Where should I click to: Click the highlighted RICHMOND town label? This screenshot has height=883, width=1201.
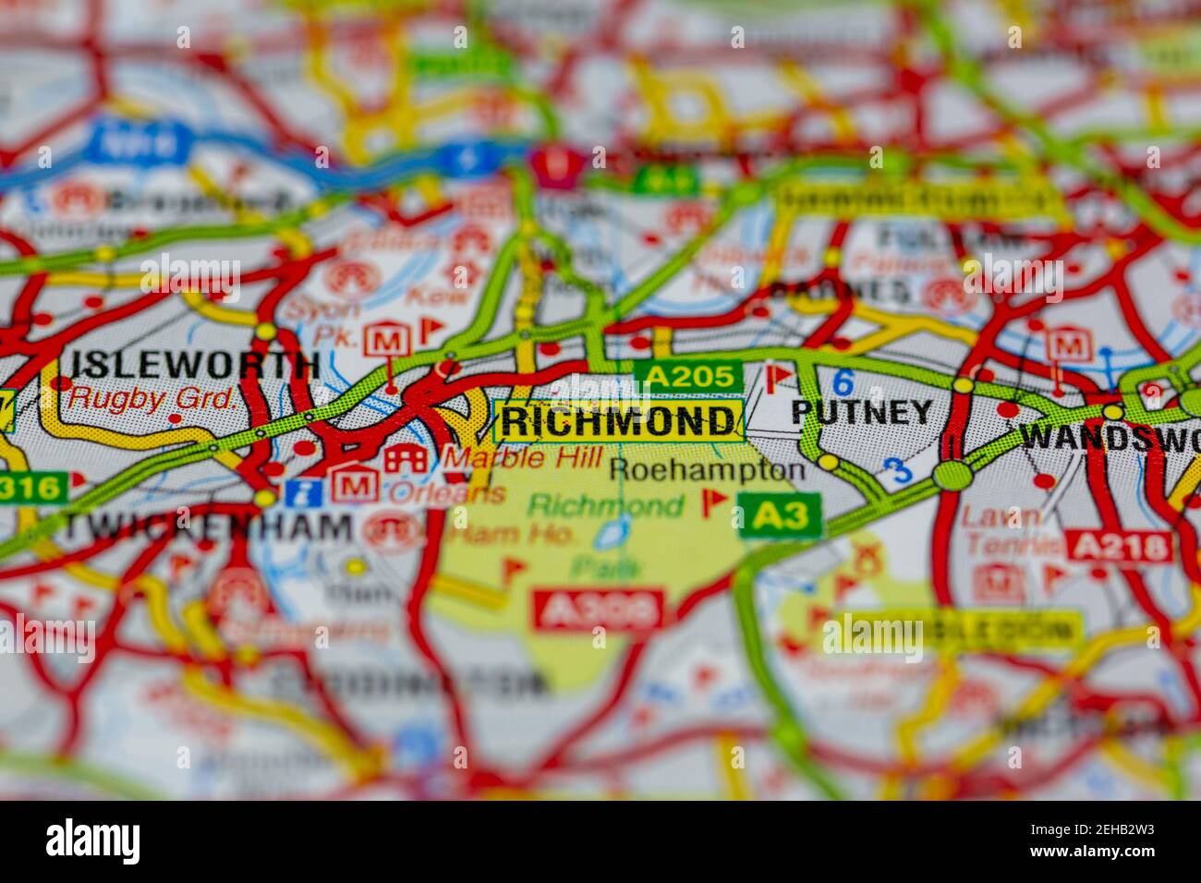tap(618, 422)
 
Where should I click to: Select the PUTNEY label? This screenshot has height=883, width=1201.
tap(862, 412)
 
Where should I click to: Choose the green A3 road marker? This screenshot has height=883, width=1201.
tap(779, 515)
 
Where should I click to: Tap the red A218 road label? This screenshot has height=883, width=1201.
tap(1118, 548)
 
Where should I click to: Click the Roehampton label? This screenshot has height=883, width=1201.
tap(707, 469)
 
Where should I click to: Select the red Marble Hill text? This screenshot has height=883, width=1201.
tap(523, 456)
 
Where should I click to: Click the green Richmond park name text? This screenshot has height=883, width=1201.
tap(605, 505)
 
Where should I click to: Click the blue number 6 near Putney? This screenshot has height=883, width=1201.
tap(842, 381)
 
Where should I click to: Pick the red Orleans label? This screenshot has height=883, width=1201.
tap(447, 494)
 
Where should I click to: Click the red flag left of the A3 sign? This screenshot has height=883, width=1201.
tap(712, 502)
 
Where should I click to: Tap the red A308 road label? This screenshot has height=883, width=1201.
tap(598, 610)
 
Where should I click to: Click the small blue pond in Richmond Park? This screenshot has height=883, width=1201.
tap(609, 533)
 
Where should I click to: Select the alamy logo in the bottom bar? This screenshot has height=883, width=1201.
tap(93, 841)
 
